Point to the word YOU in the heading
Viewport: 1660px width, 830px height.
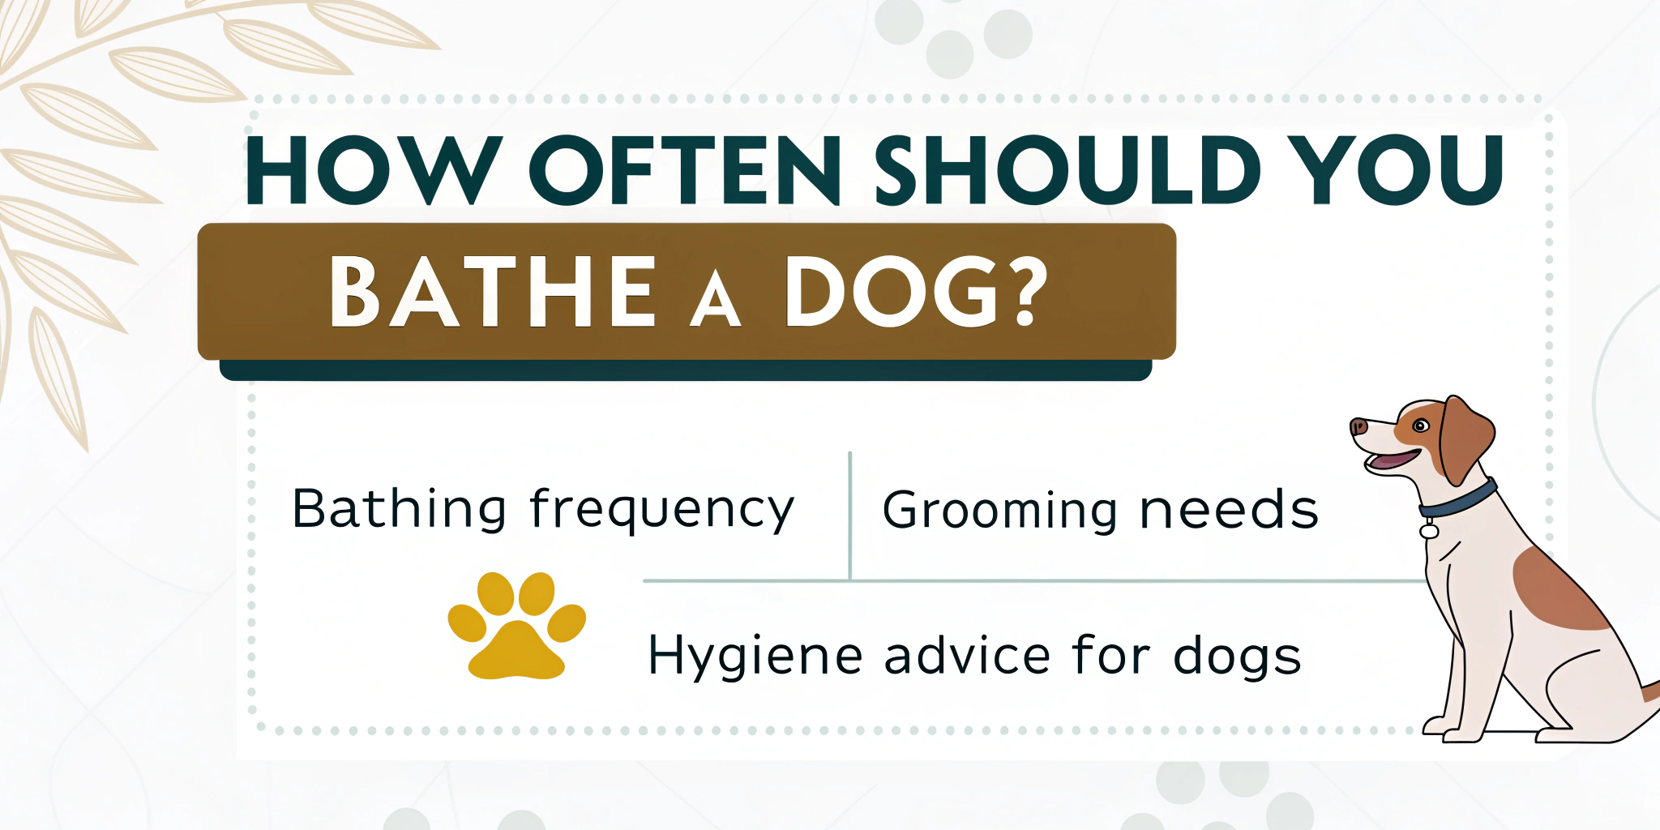pos(1397,169)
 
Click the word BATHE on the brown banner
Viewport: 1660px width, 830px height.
pos(493,291)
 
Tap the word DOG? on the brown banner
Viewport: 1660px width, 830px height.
pos(917,291)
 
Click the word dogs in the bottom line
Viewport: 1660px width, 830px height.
pos(1237,657)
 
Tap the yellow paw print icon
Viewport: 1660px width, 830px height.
pos(517,625)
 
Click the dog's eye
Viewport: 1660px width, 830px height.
pos(1420,426)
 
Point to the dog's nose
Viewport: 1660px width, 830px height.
pos(1358,426)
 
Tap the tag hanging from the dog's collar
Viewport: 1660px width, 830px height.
pos(1429,529)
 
